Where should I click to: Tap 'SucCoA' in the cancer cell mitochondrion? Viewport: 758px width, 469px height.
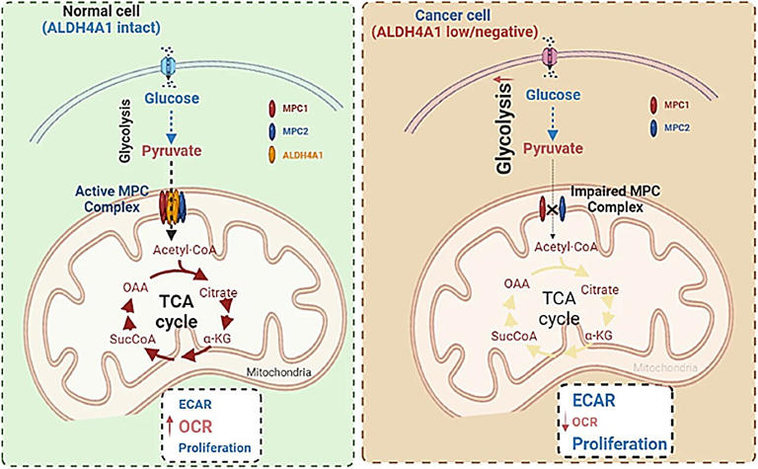pos(486,337)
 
